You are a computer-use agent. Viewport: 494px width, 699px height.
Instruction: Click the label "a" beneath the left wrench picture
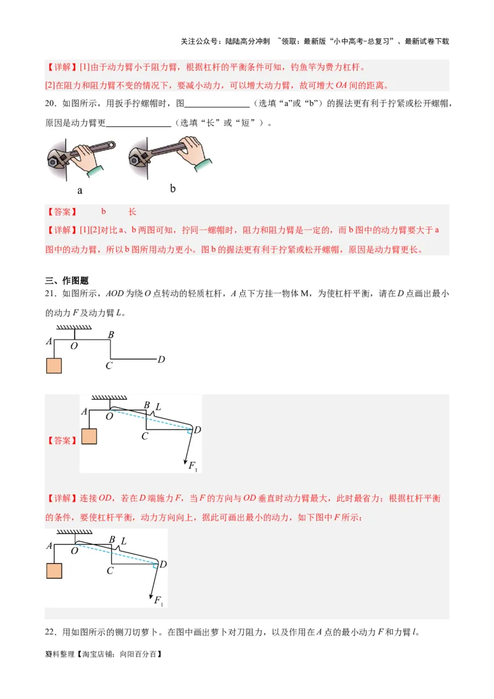(80, 191)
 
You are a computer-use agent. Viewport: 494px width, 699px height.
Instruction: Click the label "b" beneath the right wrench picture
(172, 188)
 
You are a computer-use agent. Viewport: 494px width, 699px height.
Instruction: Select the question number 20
(51, 103)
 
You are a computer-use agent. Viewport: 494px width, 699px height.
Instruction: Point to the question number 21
(51, 294)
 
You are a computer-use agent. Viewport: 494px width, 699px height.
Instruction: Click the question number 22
(51, 632)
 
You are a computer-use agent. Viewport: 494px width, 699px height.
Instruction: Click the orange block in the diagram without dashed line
(54, 366)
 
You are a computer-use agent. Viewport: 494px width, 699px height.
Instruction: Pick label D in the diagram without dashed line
(161, 359)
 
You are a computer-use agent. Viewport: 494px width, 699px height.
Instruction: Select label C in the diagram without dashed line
(108, 366)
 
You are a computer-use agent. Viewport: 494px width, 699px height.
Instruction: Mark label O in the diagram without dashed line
(73, 346)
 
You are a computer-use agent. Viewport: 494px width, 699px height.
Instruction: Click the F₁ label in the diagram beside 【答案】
(193, 465)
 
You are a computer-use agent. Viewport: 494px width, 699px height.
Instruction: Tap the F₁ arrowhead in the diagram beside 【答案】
(185, 459)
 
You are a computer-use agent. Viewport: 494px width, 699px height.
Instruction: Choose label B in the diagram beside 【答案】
(146, 405)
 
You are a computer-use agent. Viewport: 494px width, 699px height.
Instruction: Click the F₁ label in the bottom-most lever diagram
(158, 600)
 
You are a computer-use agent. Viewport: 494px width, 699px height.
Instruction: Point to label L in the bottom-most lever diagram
(124, 541)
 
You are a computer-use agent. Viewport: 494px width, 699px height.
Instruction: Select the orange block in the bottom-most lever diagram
(54, 571)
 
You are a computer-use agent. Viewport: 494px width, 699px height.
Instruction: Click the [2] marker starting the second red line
(51, 86)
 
